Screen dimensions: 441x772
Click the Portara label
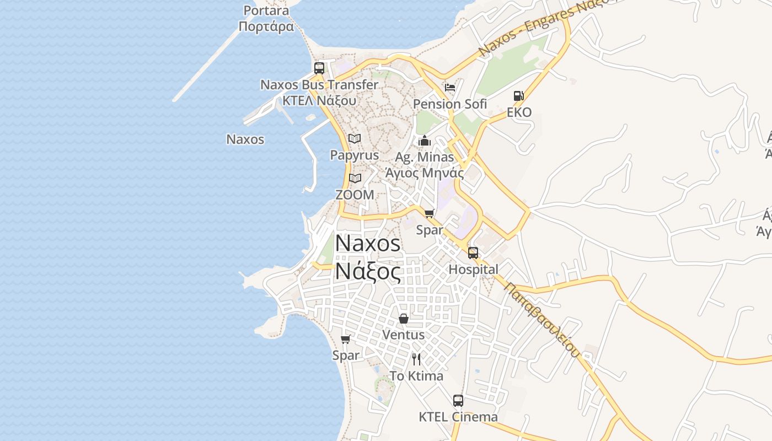pos(266,11)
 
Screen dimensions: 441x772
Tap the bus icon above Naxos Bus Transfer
pos(319,68)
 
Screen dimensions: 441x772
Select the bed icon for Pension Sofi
pos(450,87)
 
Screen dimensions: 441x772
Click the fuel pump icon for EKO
pos(518,96)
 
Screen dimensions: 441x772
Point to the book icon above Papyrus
pos(355,138)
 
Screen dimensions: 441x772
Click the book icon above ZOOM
pos(355,178)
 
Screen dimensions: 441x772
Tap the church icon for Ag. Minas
pos(424,141)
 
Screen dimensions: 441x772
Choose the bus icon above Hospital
pos(473,253)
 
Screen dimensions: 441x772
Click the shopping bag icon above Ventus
pos(404,319)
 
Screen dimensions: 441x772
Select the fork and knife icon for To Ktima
pos(416,359)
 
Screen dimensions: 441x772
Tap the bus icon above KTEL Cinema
pos(458,401)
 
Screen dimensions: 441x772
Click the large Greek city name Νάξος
pos(368,271)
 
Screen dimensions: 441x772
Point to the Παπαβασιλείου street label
pos(542,320)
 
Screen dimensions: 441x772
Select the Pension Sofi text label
pos(450,104)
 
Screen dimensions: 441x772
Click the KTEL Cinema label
pos(458,417)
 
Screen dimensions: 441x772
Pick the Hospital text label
pos(473,270)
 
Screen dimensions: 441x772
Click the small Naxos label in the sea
pos(245,139)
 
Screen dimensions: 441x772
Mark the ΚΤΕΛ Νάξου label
pos(319,101)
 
